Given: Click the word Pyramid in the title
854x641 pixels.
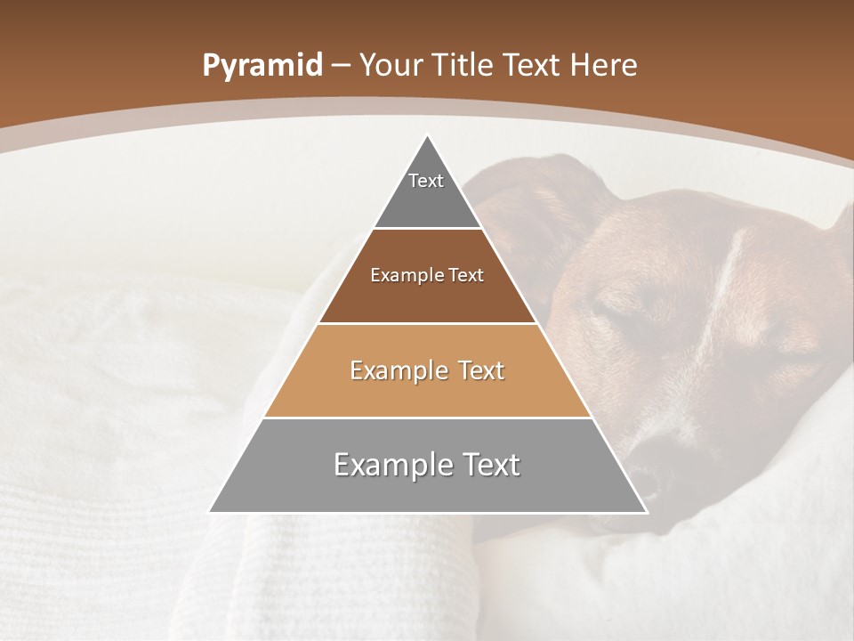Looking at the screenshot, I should point(262,66).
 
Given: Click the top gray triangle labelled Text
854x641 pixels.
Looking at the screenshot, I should point(426,191).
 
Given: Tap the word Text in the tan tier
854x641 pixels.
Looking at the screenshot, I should point(475,370).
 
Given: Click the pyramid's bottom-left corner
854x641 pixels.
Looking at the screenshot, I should point(210,512).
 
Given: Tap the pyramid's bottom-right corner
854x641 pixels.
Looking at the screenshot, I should point(646,512).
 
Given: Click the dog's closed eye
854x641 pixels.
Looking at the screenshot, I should point(614,312).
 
